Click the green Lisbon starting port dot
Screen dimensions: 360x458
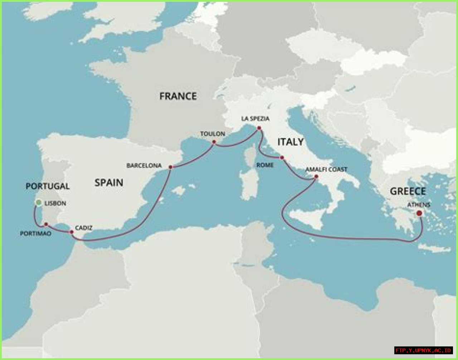39,203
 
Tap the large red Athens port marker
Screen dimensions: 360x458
419,213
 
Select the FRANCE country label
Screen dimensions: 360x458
178,96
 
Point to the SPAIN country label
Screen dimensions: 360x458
109,183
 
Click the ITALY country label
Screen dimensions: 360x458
291,142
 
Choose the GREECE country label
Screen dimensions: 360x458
408,191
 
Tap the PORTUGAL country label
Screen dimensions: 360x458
48,186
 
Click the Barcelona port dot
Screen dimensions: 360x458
171,167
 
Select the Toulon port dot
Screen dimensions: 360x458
214,142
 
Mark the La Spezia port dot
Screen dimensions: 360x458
259,128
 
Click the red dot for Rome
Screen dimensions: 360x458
282,157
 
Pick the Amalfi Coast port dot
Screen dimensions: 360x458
316,176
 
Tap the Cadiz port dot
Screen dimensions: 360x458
72,232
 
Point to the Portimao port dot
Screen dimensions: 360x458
46,224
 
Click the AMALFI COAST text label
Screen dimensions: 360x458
326,169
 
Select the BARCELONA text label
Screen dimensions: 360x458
144,166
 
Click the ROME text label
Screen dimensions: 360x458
265,165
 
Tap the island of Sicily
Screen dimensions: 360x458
308,218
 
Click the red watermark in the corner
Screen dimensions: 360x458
423,350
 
